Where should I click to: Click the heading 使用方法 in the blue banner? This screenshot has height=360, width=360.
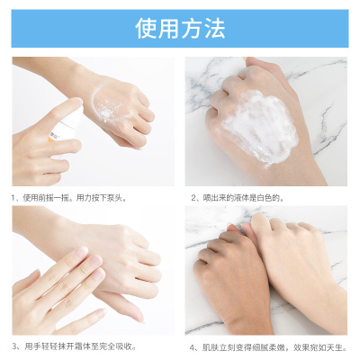pyautogui.click(x=180, y=29)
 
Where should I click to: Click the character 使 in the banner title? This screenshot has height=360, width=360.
pyautogui.click(x=147, y=29)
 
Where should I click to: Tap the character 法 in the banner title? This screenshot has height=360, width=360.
pyautogui.click(x=214, y=29)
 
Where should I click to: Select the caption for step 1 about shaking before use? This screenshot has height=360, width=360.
pyautogui.click(x=69, y=198)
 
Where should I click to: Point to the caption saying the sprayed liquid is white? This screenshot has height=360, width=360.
pyautogui.click(x=238, y=198)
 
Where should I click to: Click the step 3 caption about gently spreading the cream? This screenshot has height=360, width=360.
pyautogui.click(x=74, y=346)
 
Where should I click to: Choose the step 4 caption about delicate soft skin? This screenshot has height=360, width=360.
pyautogui.click(x=268, y=347)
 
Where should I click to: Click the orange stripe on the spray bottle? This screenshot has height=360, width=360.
pyautogui.click(x=50, y=139)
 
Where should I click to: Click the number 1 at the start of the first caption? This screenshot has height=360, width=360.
pyautogui.click(x=13, y=198)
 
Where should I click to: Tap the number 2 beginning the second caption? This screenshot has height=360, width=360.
pyautogui.click(x=193, y=198)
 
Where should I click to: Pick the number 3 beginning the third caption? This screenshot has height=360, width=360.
pyautogui.click(x=14, y=346)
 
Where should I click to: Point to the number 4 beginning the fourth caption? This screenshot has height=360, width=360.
pyautogui.click(x=193, y=347)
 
